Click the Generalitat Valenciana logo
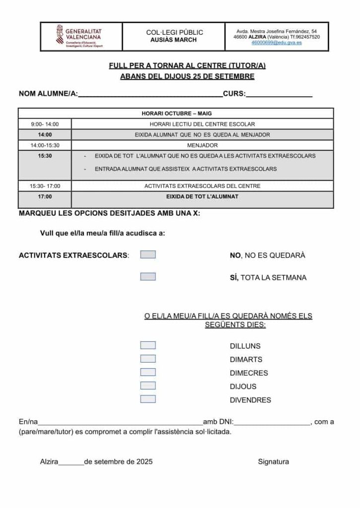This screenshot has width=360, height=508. click(80, 37)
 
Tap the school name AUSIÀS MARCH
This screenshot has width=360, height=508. click(174, 40)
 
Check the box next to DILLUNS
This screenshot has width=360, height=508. click(148, 345)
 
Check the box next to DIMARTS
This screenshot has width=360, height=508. click(148, 359)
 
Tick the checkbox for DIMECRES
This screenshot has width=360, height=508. click(148, 372)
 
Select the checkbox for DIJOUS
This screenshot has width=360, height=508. click(148, 385)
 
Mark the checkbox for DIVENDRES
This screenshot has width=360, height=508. click(148, 399)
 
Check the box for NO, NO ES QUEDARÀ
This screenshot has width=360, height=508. click(148, 254)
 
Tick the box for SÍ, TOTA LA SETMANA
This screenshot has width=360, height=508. click(148, 277)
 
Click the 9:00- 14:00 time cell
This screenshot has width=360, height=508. click(45, 124)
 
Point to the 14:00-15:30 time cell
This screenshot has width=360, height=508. click(45, 145)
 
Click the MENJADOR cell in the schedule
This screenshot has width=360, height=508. click(202, 145)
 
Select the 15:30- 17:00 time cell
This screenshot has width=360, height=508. click(45, 186)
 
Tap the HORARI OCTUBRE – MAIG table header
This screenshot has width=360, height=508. click(176, 114)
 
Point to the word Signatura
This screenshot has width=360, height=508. click(273, 462)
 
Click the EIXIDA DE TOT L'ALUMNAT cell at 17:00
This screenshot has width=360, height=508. click(202, 197)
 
